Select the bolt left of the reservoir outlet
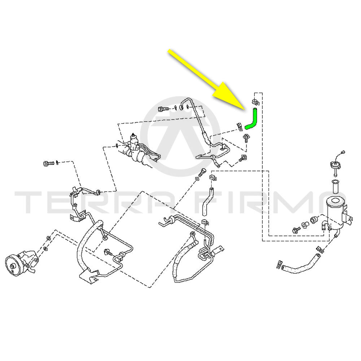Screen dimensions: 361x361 tap(296, 230)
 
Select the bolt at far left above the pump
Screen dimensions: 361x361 tap(49, 163)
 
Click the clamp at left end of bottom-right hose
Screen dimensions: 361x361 tap(280, 265)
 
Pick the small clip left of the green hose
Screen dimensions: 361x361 tap(239, 127)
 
